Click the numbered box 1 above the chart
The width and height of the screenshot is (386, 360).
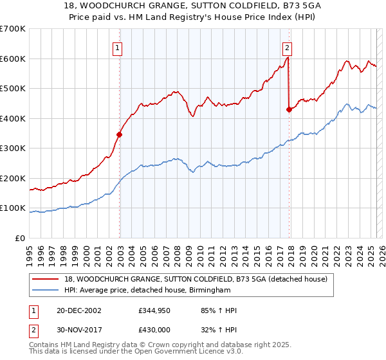click(x=118, y=47)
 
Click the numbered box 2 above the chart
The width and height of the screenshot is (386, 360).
click(x=287, y=47)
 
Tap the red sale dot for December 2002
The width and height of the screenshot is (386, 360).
click(x=119, y=134)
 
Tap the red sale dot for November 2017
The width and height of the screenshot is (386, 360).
click(x=289, y=109)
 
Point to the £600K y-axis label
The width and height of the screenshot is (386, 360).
click(x=13, y=59)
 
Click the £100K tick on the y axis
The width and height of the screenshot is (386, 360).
click(x=13, y=208)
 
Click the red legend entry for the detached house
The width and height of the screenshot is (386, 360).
click(x=196, y=279)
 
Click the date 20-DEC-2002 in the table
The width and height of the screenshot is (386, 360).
click(x=78, y=310)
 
